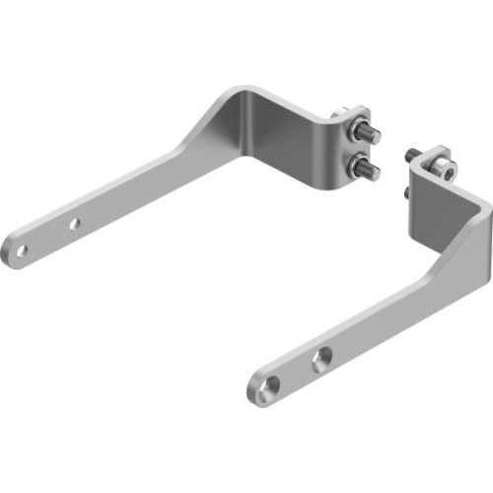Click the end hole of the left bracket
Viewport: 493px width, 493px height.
(x=20, y=250)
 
